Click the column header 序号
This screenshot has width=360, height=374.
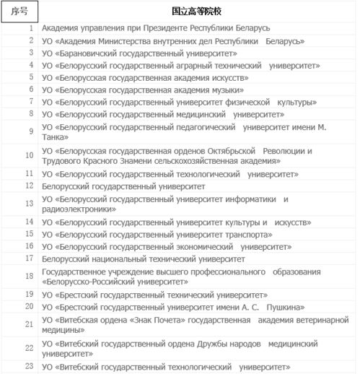[19, 13]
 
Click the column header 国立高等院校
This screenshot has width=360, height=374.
[196, 13]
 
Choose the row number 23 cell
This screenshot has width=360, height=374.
[30, 368]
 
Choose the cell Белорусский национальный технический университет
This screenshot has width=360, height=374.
[144, 258]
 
